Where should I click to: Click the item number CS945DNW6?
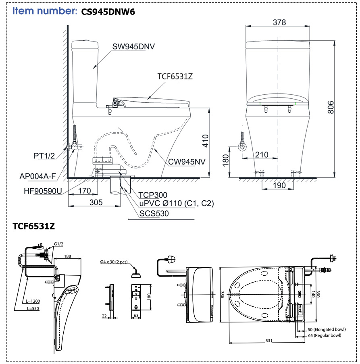pos(108,12)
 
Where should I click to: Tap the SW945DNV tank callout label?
pos(133,47)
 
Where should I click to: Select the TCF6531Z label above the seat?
pos(175,76)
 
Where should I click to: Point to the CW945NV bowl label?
pos(187,162)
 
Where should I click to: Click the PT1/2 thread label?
pos(44,156)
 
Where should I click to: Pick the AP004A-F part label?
pos(38,177)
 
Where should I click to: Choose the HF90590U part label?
pos(43,191)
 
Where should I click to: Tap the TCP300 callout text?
pos(153,195)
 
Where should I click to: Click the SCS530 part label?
pos(154,214)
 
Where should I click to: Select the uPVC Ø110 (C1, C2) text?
pos(177,203)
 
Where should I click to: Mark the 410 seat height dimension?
pos(206,141)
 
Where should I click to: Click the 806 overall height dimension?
pos(331,107)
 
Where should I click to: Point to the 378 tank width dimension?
pos(279,22)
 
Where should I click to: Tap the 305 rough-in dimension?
pos(96,202)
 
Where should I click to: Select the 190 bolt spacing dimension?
pos(279,185)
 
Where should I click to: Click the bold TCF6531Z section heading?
pos(33,226)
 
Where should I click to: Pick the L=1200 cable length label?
pos(33,301)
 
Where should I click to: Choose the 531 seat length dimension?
pos(269,341)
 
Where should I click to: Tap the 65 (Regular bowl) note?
pos(325,335)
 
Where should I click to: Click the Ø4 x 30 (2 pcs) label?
pos(114,262)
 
